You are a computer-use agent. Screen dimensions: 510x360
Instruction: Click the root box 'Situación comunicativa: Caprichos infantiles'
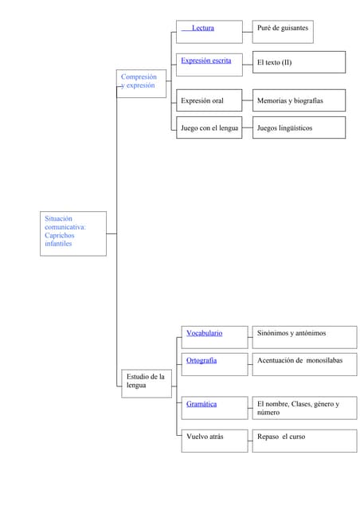72,233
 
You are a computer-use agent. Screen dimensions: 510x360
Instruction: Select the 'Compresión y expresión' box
142,83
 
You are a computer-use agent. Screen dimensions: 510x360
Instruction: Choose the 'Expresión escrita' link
205,61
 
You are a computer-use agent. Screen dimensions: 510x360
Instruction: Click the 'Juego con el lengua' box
209,127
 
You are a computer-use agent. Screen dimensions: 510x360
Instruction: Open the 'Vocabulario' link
204,333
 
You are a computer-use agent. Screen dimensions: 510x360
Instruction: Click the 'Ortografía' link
202,361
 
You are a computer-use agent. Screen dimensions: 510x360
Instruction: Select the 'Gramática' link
202,404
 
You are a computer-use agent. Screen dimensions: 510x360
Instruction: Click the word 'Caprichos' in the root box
59,235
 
